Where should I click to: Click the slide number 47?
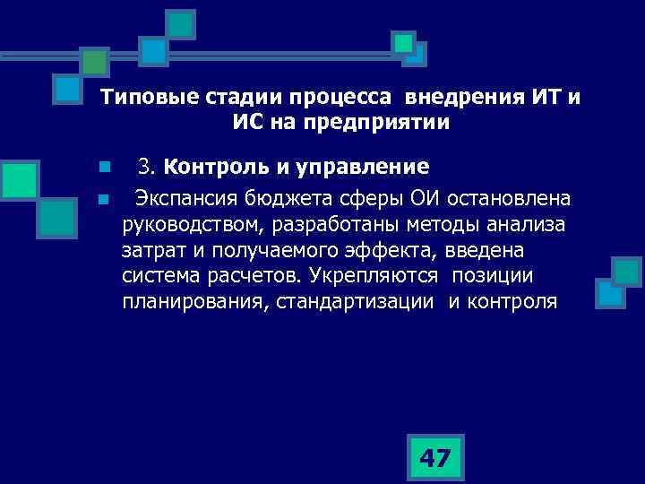(435, 459)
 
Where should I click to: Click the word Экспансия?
(184, 196)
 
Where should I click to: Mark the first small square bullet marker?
(104, 168)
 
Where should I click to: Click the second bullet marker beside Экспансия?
(104, 197)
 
